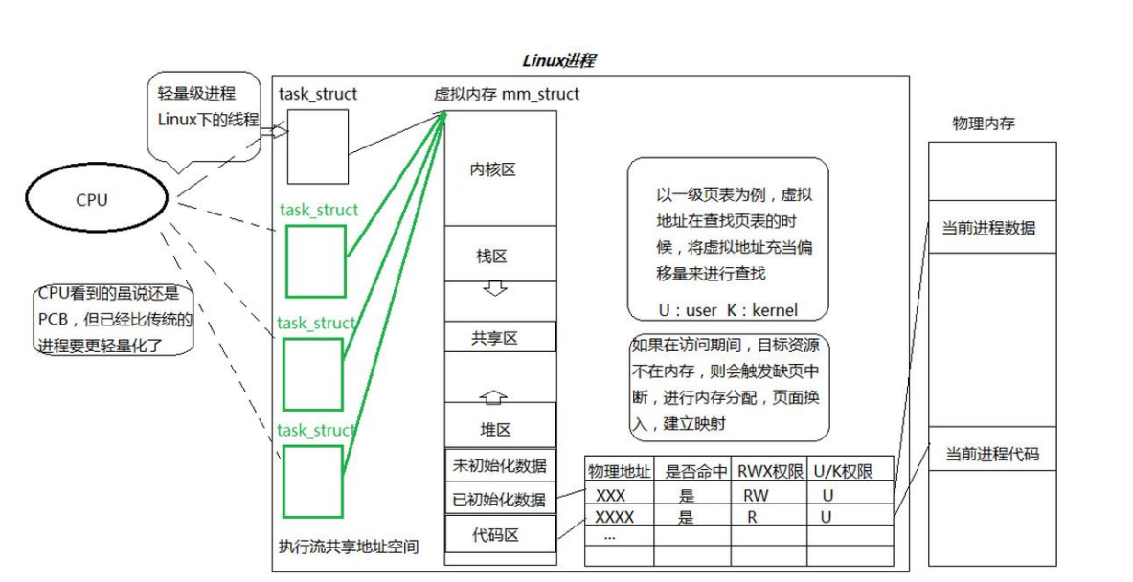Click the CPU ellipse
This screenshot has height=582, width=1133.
click(x=92, y=201)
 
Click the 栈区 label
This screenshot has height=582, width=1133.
click(x=491, y=256)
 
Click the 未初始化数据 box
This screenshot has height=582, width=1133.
click(x=499, y=466)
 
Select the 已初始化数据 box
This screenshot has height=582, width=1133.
click(x=499, y=499)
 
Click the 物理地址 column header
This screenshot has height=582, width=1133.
click(x=619, y=470)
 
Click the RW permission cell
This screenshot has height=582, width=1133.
click(x=756, y=496)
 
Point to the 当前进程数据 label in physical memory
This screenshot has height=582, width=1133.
click(x=989, y=228)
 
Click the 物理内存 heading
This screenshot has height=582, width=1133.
click(x=985, y=124)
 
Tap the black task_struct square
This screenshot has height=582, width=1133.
click(x=318, y=146)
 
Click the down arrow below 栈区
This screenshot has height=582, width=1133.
click(x=495, y=288)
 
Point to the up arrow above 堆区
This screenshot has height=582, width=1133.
click(x=495, y=395)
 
